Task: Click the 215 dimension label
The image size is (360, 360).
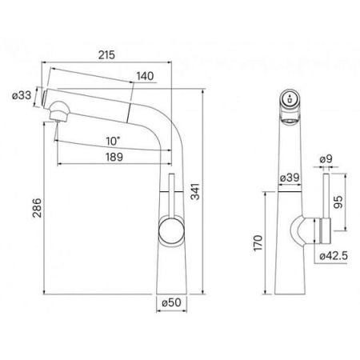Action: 106,55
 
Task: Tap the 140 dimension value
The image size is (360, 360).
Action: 145,76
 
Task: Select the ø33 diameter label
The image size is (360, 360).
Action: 22,95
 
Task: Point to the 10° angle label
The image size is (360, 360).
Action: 113,141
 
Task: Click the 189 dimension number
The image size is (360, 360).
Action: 114,157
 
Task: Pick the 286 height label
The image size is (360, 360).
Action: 37,208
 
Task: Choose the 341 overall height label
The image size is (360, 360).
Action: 195,191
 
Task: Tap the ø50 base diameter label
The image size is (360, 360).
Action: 171,302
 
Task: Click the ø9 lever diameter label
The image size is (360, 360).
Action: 326,159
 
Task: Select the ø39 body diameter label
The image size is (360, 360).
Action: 290,178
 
